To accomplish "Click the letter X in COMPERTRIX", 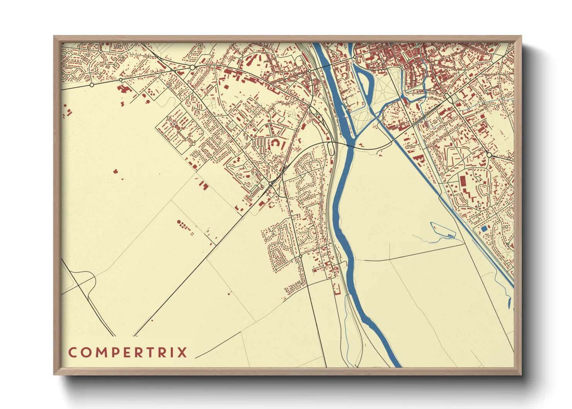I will pyautogui.click(x=182, y=353).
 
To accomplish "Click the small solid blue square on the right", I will pyautogui.click(x=484, y=228).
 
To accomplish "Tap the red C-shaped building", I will pyautogui.click(x=275, y=143).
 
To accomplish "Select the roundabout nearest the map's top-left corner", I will pyautogui.click(x=92, y=85).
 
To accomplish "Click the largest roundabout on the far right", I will pyautogui.click(x=489, y=155).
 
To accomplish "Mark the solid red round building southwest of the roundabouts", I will pyautogui.click(x=148, y=102).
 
